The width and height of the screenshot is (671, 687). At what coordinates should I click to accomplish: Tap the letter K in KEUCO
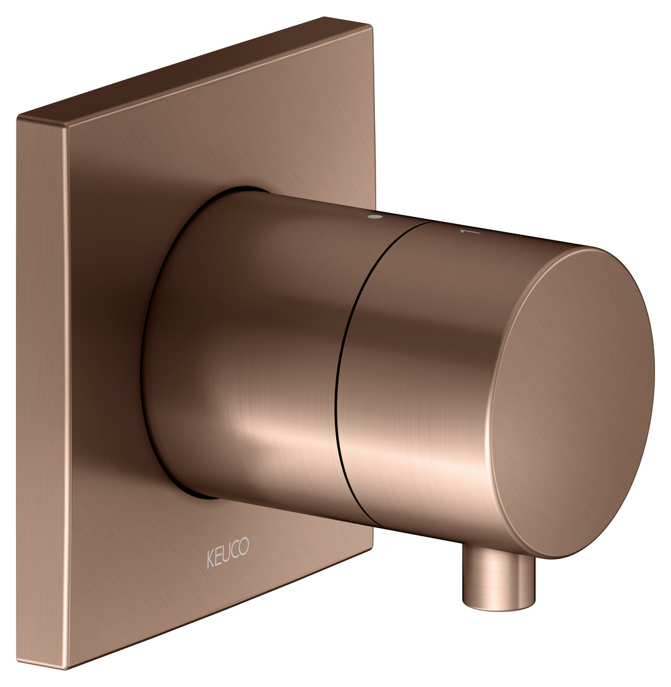click(x=210, y=560)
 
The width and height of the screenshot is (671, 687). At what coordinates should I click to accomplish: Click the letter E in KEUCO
click(x=218, y=557)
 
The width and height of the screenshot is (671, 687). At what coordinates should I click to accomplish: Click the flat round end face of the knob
click(x=572, y=403)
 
